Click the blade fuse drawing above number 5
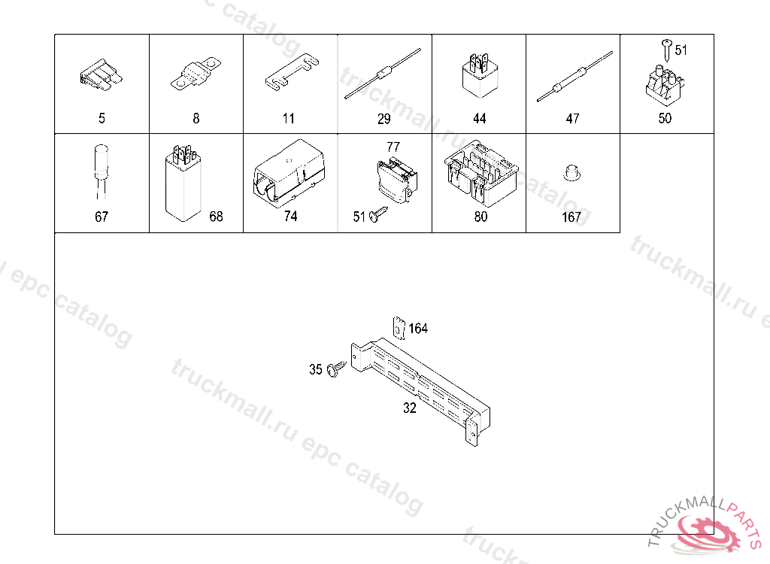pyautogui.click(x=102, y=75)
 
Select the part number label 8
pyautogui.click(x=196, y=118)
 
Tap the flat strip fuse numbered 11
pyautogui.click(x=292, y=73)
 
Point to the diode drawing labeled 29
pyautogui.click(x=383, y=74)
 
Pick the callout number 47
pyautogui.click(x=572, y=118)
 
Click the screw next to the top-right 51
pyautogui.click(x=666, y=50)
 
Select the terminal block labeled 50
pyautogui.click(x=665, y=86)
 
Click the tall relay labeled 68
pyautogui.click(x=183, y=183)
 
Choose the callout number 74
pyautogui.click(x=291, y=216)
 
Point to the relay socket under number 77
pyautogui.click(x=397, y=180)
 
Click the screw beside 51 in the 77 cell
pyautogui.click(x=378, y=214)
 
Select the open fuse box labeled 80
pyautogui.click(x=480, y=173)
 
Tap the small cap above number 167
pyautogui.click(x=571, y=172)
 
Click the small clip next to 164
pyautogui.click(x=399, y=328)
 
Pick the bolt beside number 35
pyautogui.click(x=336, y=368)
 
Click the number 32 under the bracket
pyautogui.click(x=410, y=408)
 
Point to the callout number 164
pyautogui.click(x=418, y=328)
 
